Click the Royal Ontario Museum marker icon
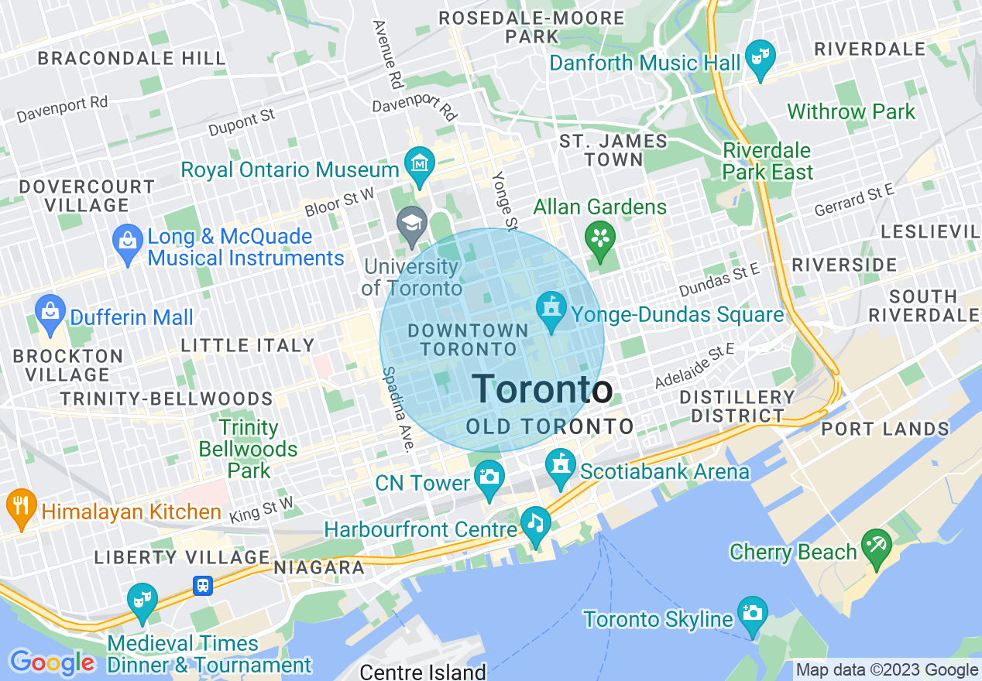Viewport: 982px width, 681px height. pos(420,164)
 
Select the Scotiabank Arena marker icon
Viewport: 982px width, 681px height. pos(559,467)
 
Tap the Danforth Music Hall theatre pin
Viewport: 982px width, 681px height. pos(760,57)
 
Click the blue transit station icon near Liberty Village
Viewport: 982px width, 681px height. pos(203,586)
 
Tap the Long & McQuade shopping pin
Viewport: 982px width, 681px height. pos(128,241)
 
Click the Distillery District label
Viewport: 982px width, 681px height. pos(737,406)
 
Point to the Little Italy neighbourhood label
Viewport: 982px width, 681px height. pos(248,345)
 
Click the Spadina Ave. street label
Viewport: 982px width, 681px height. pos(397,409)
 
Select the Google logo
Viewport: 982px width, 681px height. pos(51,662)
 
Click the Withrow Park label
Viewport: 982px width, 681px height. pos(851,111)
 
